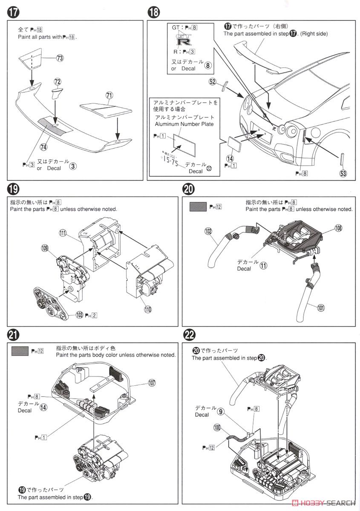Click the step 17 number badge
(x=13, y=13)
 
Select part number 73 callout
(x=60, y=58)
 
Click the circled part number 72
(x=58, y=81)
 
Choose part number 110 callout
(x=147, y=310)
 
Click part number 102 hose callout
(x=208, y=231)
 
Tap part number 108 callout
(x=338, y=228)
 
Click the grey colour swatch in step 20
(x=198, y=207)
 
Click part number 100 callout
(x=217, y=426)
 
